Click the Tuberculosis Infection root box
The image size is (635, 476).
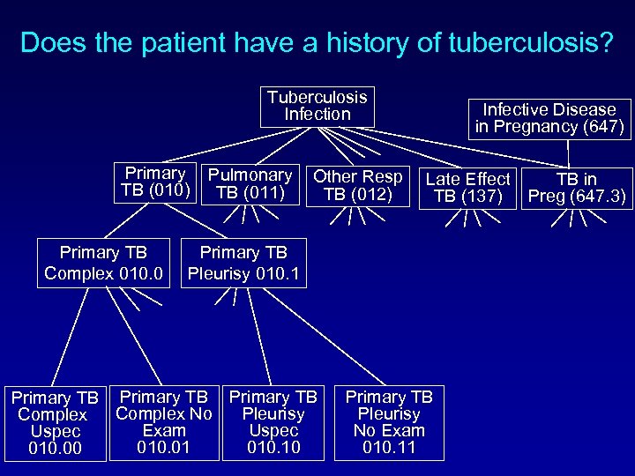pyautogui.click(x=317, y=106)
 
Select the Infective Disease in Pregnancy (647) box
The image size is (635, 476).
pyautogui.click(x=549, y=118)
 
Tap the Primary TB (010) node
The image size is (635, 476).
pyautogui.click(x=156, y=183)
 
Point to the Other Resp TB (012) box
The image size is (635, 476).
pyautogui.click(x=358, y=185)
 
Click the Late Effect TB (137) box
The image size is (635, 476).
pyautogui.click(x=467, y=188)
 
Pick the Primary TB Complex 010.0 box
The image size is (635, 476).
pyautogui.click(x=104, y=264)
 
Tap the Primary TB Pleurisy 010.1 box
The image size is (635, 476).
pyautogui.click(x=243, y=264)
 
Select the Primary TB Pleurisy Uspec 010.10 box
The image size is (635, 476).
pyautogui.click(x=273, y=422)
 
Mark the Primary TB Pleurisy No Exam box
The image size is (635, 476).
pyautogui.click(x=389, y=422)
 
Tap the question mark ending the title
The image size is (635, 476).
pyautogui.click(x=604, y=42)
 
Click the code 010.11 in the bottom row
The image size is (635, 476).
pyautogui.click(x=389, y=448)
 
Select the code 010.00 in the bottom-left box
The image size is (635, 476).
pyautogui.click(x=55, y=450)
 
